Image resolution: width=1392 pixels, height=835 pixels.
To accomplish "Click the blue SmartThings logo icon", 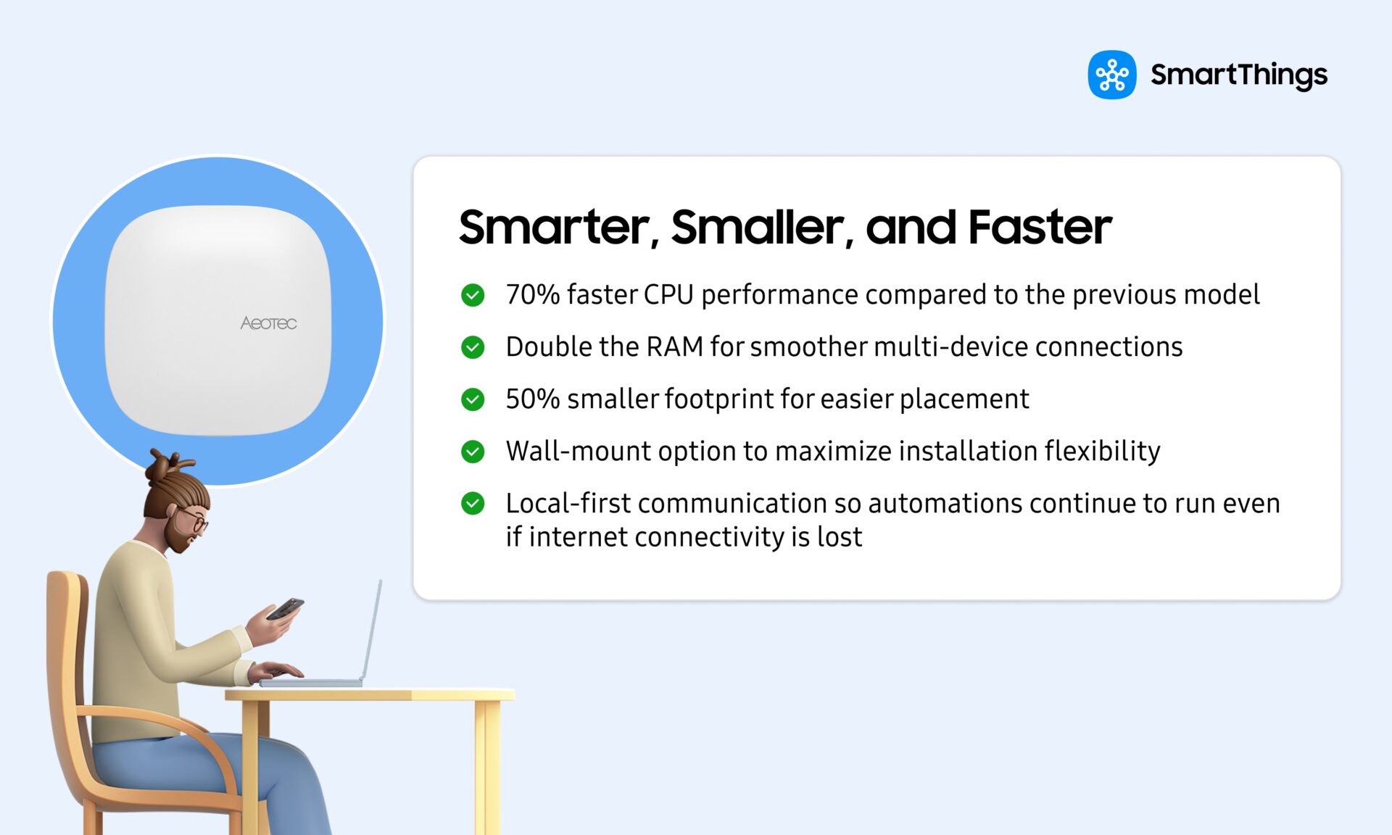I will pyautogui.click(x=1111, y=75).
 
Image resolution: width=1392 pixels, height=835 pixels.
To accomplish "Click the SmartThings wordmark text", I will pyautogui.click(x=1238, y=75).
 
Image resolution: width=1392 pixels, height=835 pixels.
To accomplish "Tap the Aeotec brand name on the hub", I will pyautogui.click(x=268, y=323).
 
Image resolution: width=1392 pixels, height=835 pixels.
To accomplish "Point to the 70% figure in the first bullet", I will pyautogui.click(x=532, y=295).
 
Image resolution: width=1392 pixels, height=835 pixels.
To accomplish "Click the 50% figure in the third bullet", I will pyautogui.click(x=532, y=399).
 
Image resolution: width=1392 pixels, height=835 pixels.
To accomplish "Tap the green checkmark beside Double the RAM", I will pyautogui.click(x=473, y=347).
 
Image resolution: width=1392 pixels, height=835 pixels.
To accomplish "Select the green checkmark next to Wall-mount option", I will pyautogui.click(x=473, y=452).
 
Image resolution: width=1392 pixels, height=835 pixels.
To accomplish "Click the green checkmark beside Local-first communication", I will pyautogui.click(x=473, y=503).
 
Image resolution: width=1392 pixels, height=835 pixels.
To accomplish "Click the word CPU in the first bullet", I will pyautogui.click(x=668, y=295).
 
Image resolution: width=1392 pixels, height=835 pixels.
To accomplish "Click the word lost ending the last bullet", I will pyautogui.click(x=840, y=537).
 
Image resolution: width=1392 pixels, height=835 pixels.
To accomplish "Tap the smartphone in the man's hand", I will pyautogui.click(x=285, y=609).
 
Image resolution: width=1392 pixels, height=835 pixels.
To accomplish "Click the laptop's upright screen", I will pyautogui.click(x=371, y=631).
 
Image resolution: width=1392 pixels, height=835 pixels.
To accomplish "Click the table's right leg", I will pyautogui.click(x=487, y=768).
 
